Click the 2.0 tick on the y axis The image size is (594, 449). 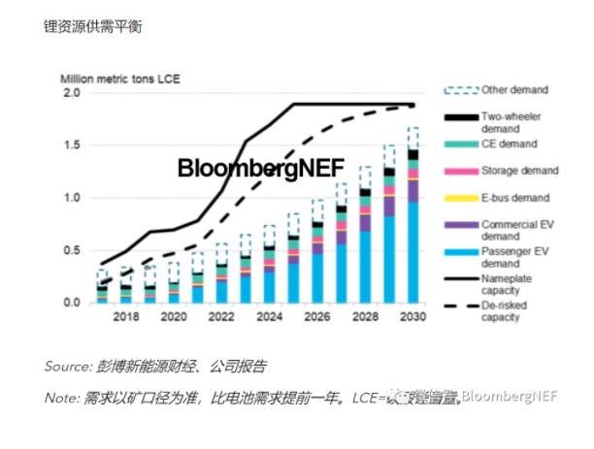[x=71, y=93]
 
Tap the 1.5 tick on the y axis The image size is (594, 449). [x=71, y=145]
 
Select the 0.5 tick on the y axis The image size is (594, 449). [x=71, y=250]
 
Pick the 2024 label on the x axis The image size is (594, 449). [x=270, y=316]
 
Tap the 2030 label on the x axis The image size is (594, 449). [x=412, y=316]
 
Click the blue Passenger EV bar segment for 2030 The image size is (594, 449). [x=412, y=252]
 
